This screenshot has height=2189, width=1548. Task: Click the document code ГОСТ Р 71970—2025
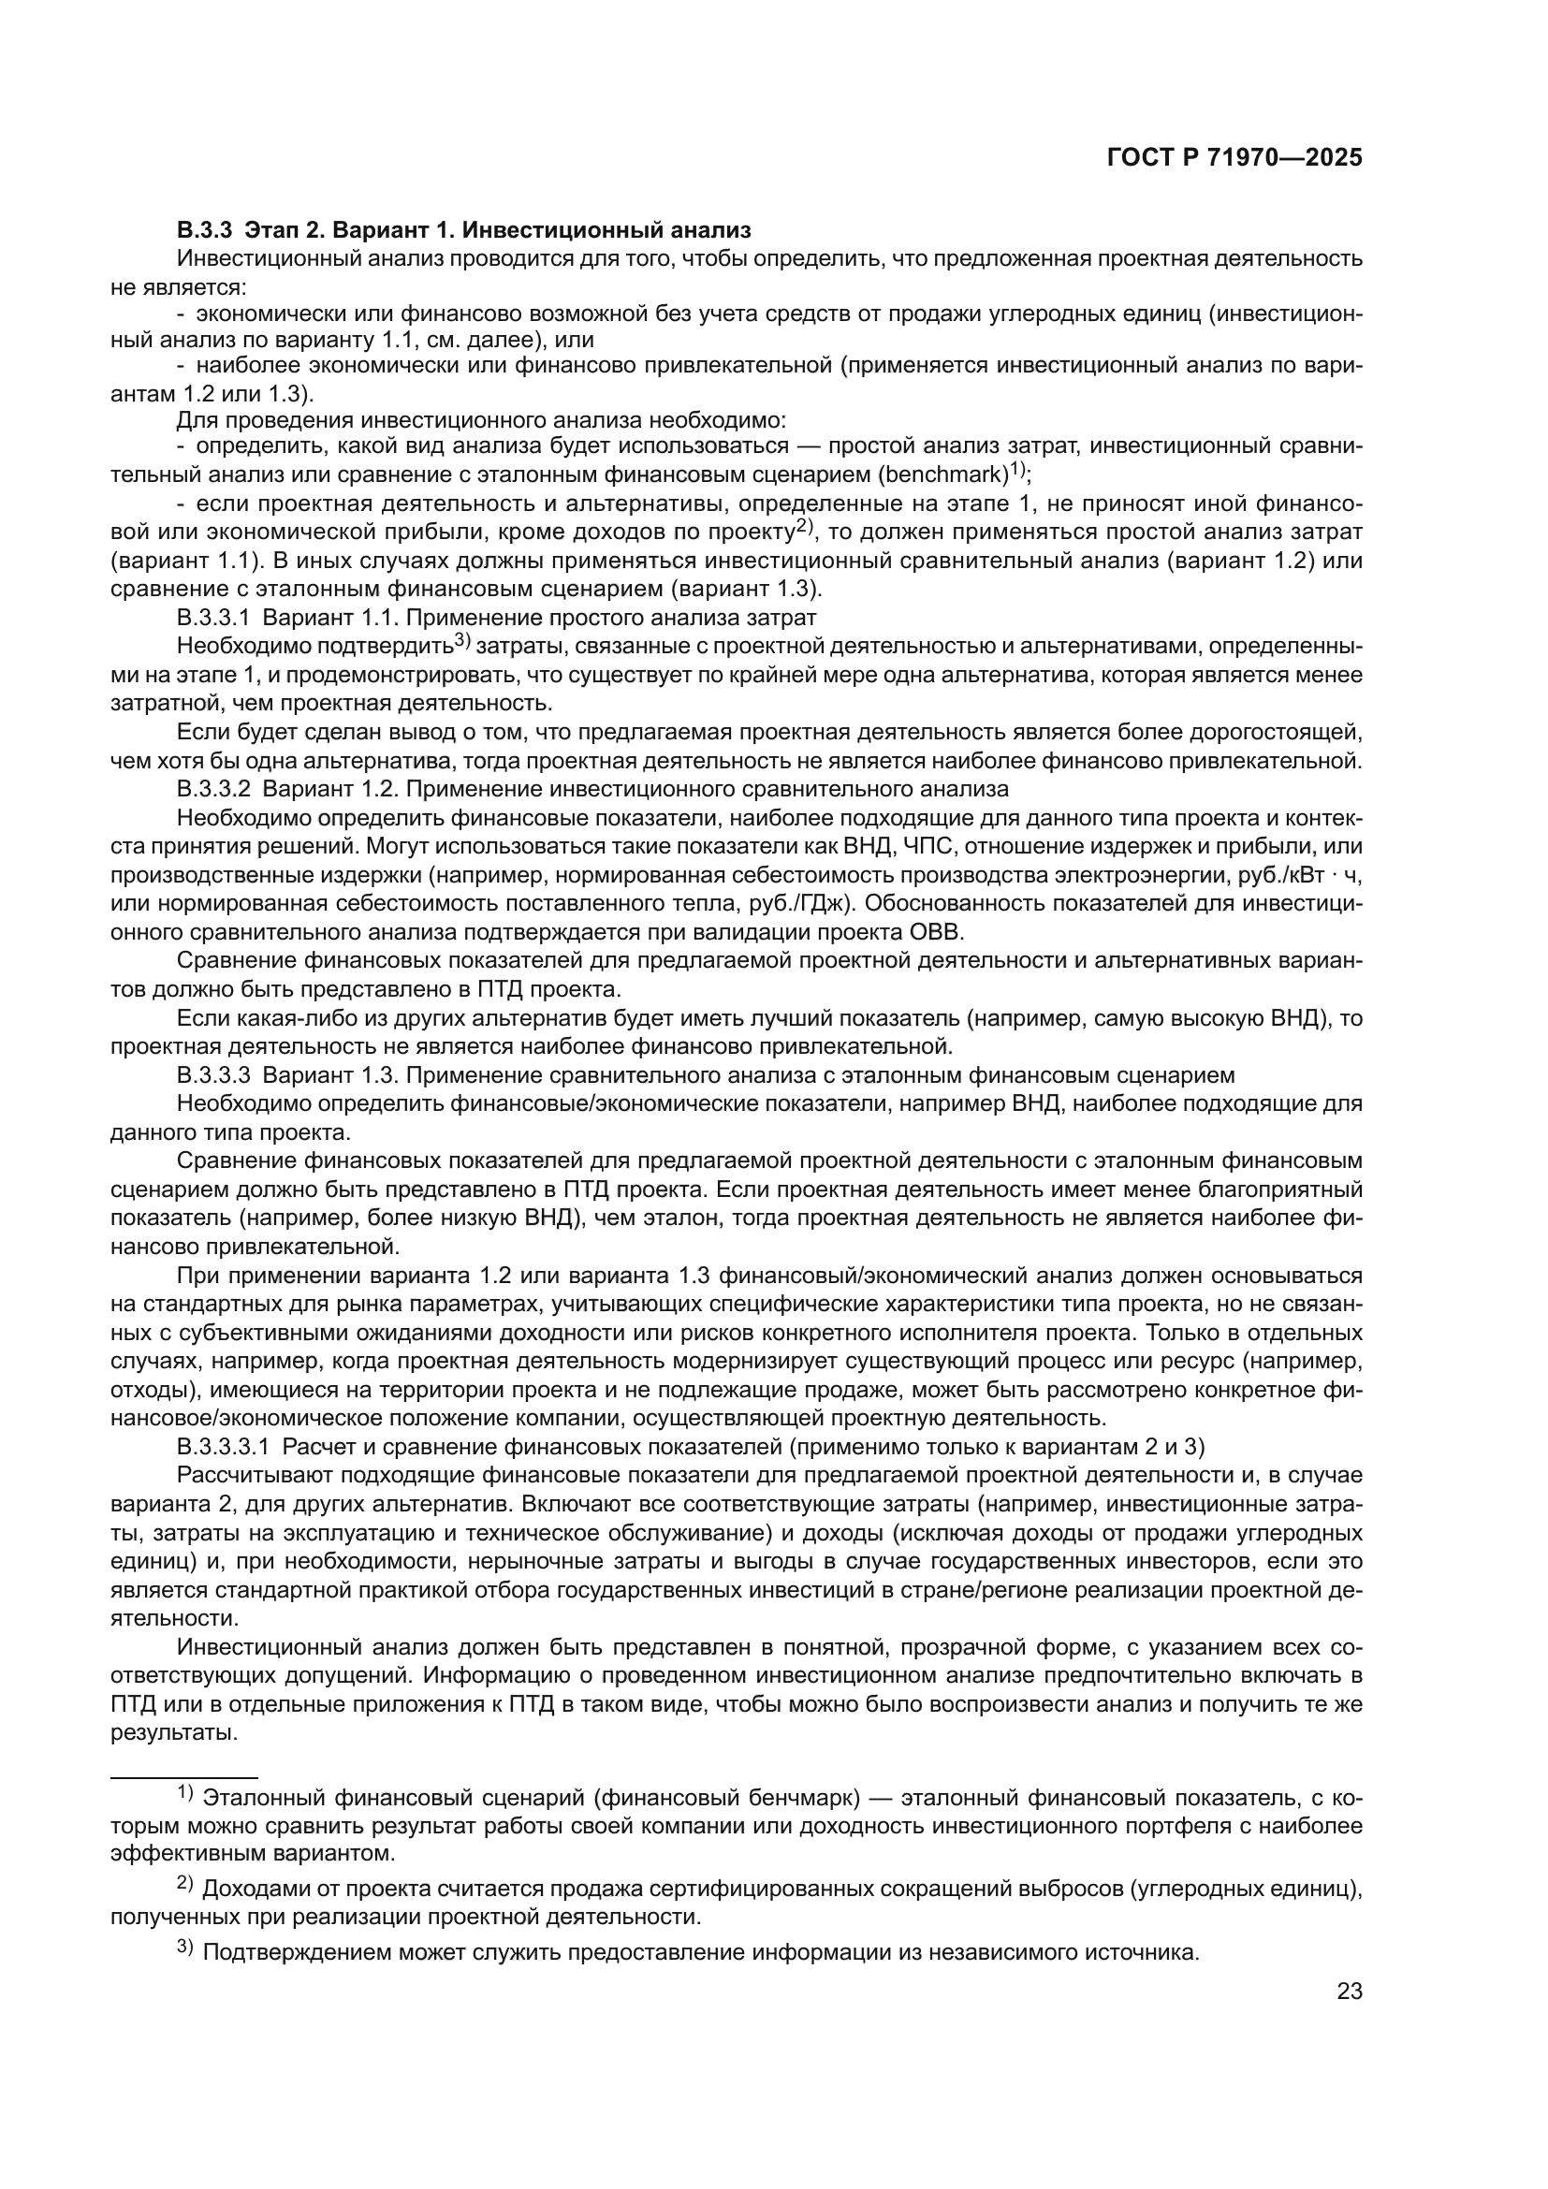1234,158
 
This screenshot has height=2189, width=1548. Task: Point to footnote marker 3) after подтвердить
462,640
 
